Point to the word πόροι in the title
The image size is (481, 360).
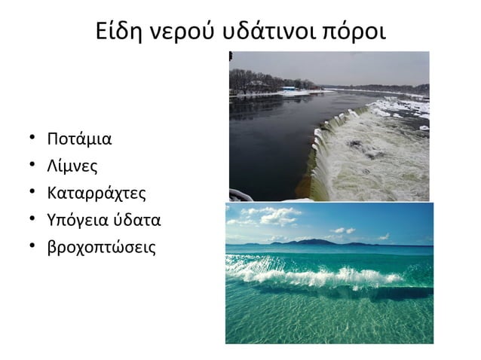click(355, 32)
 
